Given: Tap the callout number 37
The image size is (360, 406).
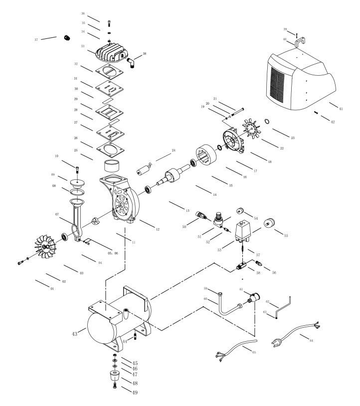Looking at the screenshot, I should pos(36,40).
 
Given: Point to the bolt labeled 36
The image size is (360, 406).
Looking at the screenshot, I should pos(109,22).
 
